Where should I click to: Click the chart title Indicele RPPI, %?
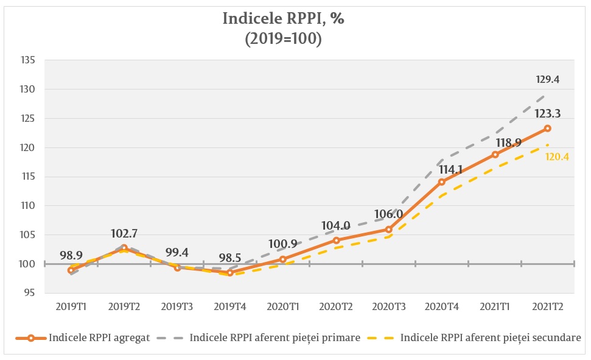click(x=284, y=19)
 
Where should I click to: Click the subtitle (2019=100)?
click(x=284, y=38)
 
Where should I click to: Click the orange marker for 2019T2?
click(x=124, y=248)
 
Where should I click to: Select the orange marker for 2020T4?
click(x=441, y=182)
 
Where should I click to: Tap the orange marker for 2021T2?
click(x=547, y=129)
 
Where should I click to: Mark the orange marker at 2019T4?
click(x=229, y=273)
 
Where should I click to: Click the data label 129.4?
click(x=547, y=79)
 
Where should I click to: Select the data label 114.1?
click(x=450, y=170)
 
